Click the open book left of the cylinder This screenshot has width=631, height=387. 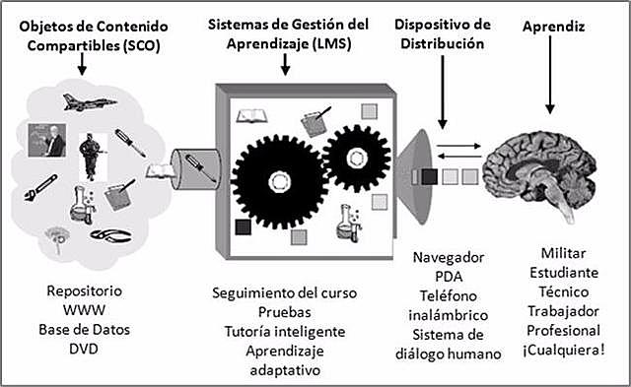point(158,171)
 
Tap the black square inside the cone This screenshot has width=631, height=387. point(429,177)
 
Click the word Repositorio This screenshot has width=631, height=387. point(87,291)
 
